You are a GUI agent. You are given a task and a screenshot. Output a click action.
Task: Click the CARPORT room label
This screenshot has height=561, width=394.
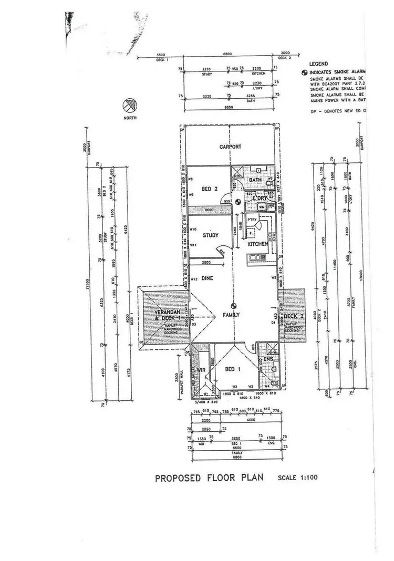point(230,147)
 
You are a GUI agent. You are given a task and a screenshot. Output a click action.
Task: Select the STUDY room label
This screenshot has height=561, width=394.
point(210,235)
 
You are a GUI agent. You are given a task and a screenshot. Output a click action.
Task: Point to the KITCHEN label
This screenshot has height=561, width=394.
point(258,244)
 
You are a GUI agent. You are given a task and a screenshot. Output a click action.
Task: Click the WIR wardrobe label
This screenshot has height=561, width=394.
point(200,370)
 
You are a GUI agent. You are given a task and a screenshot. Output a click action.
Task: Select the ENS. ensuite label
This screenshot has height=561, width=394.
point(268,359)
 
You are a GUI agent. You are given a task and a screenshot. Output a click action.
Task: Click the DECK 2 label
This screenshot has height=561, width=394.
point(294,316)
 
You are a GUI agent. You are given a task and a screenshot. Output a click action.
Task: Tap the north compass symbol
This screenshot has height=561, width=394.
point(129,107)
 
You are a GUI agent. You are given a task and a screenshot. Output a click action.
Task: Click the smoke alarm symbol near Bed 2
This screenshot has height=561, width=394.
point(239,201)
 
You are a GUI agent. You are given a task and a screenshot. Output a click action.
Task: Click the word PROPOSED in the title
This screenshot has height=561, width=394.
point(175,479)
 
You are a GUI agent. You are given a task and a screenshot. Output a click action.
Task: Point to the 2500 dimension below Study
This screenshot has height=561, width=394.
point(205,262)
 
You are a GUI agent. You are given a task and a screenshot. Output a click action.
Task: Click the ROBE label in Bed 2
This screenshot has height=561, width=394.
point(208,209)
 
